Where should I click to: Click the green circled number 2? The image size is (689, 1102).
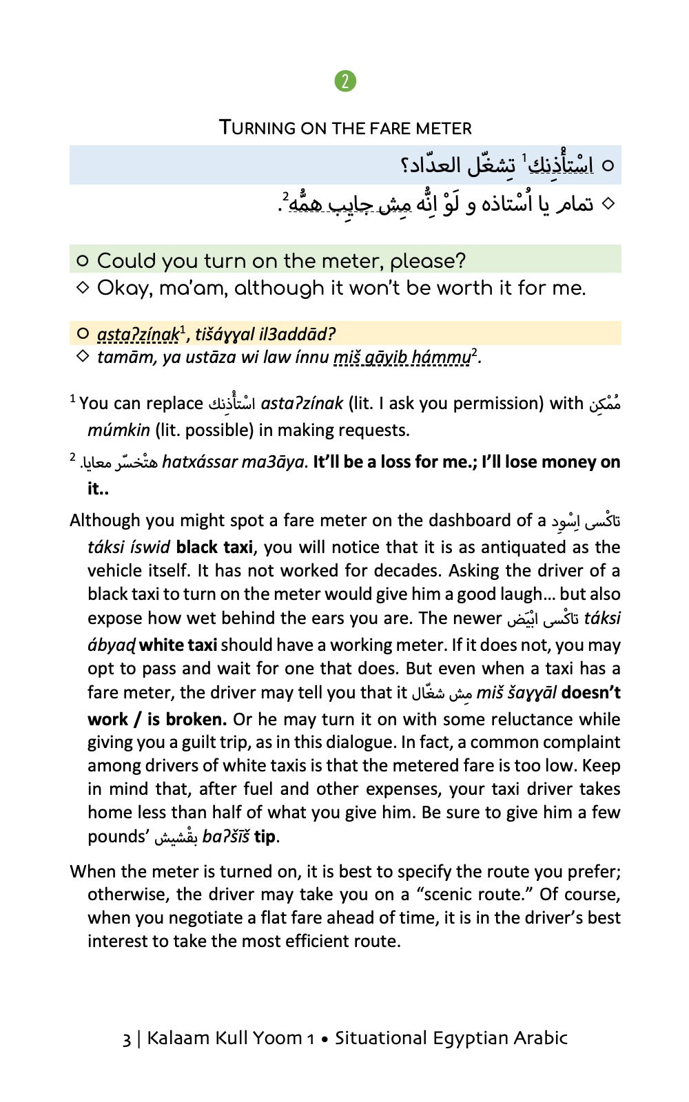tap(345, 81)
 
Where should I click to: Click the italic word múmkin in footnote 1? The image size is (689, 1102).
tap(119, 430)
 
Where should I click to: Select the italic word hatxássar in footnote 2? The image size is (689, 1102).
tap(199, 462)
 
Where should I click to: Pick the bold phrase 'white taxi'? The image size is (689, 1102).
tap(178, 645)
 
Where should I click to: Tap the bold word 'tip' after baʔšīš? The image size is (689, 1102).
tap(265, 837)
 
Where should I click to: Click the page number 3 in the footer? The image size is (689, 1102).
tap(127, 1039)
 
